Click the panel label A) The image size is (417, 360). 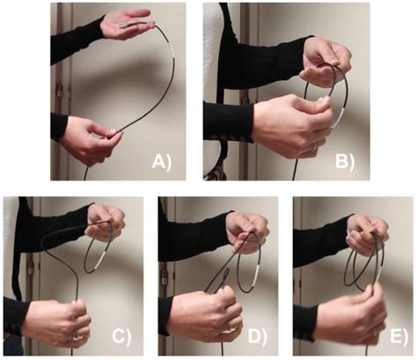[x=165, y=160]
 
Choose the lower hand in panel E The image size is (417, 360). [x=347, y=312]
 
